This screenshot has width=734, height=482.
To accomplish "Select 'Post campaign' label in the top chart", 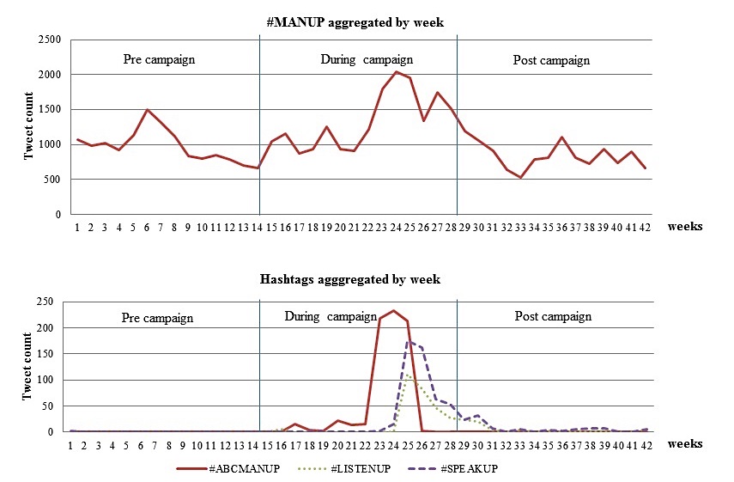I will (551, 60).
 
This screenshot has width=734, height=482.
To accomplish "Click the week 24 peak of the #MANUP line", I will (395, 71).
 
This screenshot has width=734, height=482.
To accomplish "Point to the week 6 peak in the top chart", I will (148, 110).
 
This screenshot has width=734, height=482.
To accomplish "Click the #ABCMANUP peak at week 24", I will (394, 310).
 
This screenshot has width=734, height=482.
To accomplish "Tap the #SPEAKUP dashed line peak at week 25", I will (408, 342).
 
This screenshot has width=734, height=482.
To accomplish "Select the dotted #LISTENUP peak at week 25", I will (408, 375).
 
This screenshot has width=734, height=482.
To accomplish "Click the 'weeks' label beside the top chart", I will (684, 227).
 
